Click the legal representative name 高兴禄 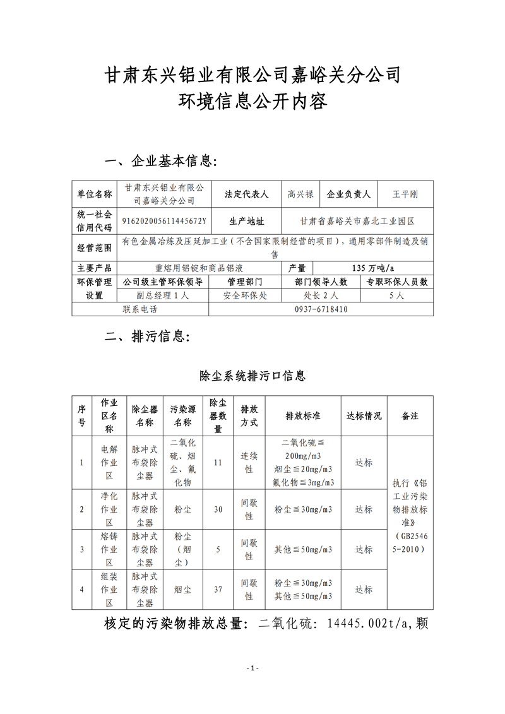(300, 194)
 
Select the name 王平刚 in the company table (405, 194)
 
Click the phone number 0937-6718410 (321, 310)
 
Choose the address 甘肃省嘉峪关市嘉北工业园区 (357, 221)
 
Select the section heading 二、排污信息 (146, 335)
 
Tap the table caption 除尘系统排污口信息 (252, 376)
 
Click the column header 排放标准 (303, 416)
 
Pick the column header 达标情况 (364, 416)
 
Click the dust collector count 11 (218, 463)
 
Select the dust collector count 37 (218, 590)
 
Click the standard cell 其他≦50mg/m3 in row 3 (303, 549)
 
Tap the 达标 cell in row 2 (364, 509)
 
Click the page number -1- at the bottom (252, 669)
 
